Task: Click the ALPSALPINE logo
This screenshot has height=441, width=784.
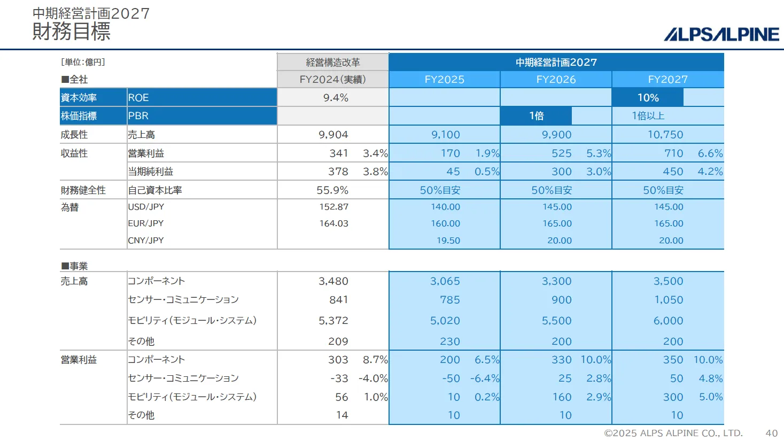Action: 721,34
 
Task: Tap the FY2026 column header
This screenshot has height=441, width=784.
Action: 556,80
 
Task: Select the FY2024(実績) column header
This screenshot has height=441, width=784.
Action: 332,80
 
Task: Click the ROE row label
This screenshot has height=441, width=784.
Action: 138,98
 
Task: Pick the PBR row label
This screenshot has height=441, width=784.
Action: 138,116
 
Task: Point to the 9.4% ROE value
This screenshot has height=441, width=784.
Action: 336,98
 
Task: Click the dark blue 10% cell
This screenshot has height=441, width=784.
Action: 648,98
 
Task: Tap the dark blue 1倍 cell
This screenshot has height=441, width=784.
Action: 536,116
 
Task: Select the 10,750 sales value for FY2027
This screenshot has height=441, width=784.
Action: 665,135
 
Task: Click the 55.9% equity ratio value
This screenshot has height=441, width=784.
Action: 332,190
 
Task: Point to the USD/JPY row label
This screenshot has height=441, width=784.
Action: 146,207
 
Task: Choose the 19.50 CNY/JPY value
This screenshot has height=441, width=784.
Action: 448,241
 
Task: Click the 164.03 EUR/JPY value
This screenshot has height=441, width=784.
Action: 333,223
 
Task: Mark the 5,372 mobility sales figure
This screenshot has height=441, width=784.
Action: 333,321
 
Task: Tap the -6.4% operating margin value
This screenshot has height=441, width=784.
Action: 485,378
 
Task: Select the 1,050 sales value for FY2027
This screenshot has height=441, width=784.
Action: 669,300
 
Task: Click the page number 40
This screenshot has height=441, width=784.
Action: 771,433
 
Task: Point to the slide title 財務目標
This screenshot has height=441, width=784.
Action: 71,32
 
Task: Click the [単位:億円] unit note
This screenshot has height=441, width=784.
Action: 83,62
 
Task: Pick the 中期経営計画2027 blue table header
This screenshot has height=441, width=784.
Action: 556,62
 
